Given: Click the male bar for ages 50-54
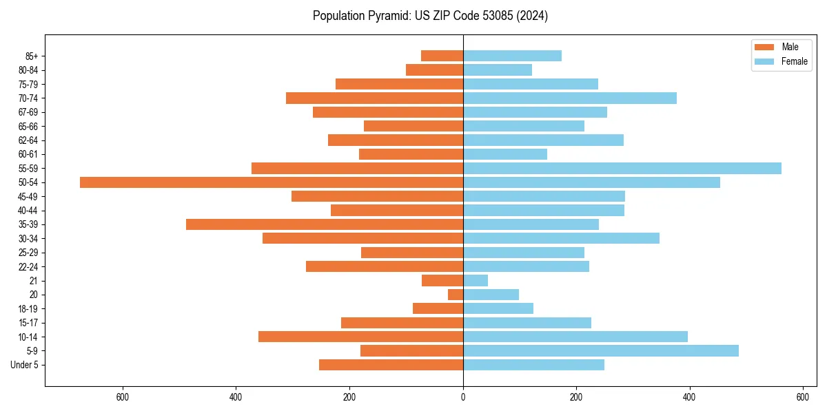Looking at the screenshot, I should tap(272, 182).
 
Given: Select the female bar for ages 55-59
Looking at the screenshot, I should tap(622, 169).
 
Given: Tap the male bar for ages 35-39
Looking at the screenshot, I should tap(325, 224).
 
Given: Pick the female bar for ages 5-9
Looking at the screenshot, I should tap(600, 351).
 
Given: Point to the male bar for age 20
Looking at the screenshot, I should tap(456, 295).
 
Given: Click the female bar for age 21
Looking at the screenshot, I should tap(476, 281).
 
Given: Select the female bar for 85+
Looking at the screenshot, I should tap(512, 56).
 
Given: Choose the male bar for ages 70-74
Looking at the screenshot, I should tap(374, 98).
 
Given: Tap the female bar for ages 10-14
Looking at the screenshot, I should tap(575, 337).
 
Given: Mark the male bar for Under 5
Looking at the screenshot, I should tap(391, 365).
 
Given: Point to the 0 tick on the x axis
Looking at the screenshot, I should tap(463, 397).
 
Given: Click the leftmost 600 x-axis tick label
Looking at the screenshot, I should tap(123, 397).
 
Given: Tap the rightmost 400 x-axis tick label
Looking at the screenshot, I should tap(689, 397).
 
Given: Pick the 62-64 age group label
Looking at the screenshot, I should tap(28, 140).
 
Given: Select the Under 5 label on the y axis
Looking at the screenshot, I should tap(24, 365).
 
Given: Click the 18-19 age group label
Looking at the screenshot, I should tap(28, 309).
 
